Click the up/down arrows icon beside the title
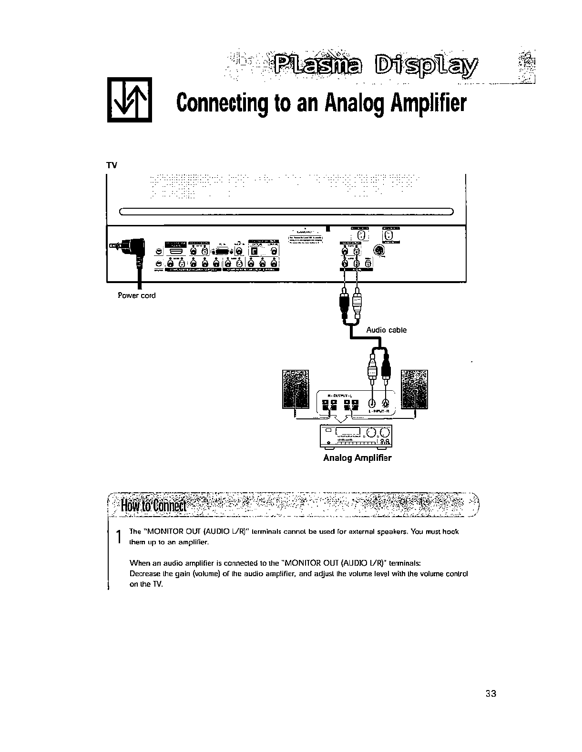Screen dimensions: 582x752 coord(129,100)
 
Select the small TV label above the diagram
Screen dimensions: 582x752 coord(111,166)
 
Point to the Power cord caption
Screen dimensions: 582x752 coord(136,295)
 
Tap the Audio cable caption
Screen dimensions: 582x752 coord(386,330)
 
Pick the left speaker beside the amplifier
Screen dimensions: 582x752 coord(295,389)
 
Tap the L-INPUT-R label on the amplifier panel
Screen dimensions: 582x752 coord(379,410)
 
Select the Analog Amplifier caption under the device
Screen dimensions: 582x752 coord(357,458)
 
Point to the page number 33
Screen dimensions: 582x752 coord(491,693)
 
